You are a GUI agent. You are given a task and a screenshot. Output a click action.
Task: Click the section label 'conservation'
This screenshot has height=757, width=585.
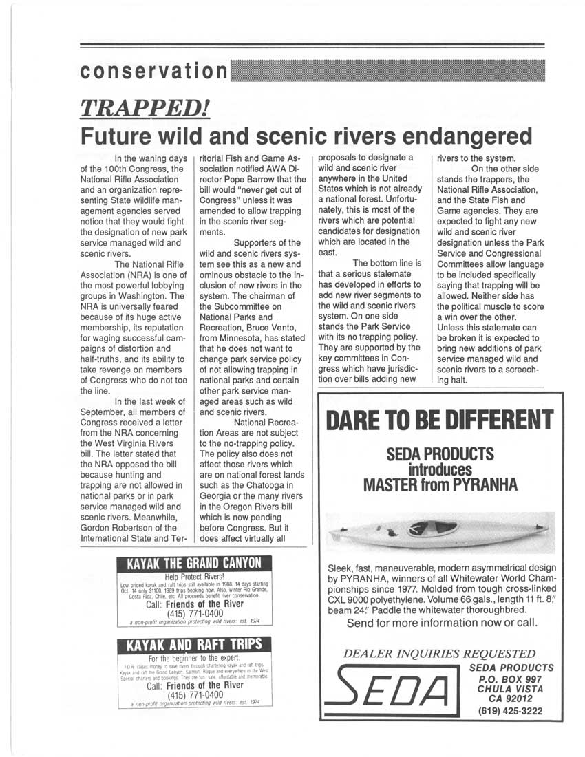coord(153,71)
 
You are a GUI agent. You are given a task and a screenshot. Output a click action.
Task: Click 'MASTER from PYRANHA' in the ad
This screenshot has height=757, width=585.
coord(440,484)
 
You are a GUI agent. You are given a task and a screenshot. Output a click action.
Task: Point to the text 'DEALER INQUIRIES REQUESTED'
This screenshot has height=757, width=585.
coord(438,653)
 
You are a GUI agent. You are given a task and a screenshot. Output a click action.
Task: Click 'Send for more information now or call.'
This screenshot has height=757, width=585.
coord(443,623)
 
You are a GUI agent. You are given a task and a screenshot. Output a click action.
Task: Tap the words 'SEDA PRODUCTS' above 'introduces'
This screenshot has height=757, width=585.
coord(440,455)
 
